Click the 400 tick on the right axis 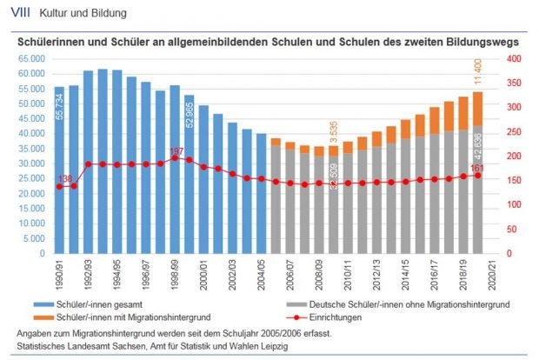[x=513, y=58]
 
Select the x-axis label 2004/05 [x=261, y=277]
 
